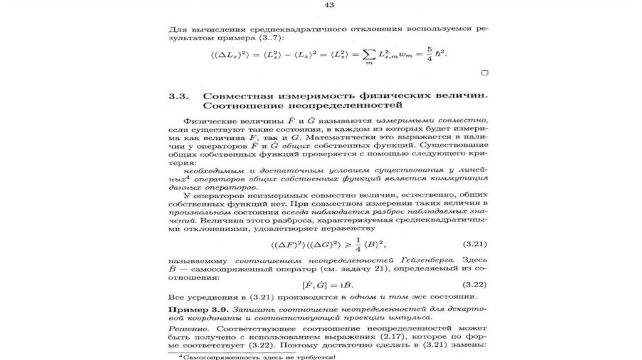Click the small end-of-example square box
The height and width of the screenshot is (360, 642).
[x=483, y=73]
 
